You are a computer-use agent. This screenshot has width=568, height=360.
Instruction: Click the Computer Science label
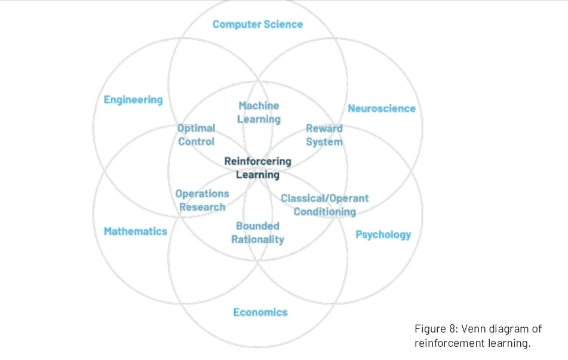click(x=257, y=24)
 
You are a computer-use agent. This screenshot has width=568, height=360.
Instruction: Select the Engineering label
click(x=133, y=100)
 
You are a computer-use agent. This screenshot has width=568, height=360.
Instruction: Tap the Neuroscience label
click(x=382, y=108)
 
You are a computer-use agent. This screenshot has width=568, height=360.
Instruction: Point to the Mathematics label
click(x=136, y=231)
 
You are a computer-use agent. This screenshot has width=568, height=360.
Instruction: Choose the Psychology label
click(x=383, y=235)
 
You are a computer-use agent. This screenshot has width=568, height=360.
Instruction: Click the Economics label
click(x=260, y=312)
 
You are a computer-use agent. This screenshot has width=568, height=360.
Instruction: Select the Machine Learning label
click(x=259, y=112)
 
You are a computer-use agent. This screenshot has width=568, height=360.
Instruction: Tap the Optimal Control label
click(x=196, y=135)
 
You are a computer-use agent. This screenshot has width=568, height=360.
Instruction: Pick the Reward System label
click(x=324, y=135)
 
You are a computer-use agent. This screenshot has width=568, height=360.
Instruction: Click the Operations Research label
click(x=202, y=200)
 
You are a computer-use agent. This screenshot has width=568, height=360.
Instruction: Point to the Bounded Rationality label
click(x=257, y=232)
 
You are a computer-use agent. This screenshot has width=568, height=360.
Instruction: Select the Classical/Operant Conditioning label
click(x=324, y=205)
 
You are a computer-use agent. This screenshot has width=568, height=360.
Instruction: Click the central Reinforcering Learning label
click(x=257, y=168)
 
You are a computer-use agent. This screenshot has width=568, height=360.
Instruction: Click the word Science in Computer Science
click(x=283, y=24)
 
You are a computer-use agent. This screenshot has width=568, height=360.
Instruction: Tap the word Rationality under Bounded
click(x=257, y=239)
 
